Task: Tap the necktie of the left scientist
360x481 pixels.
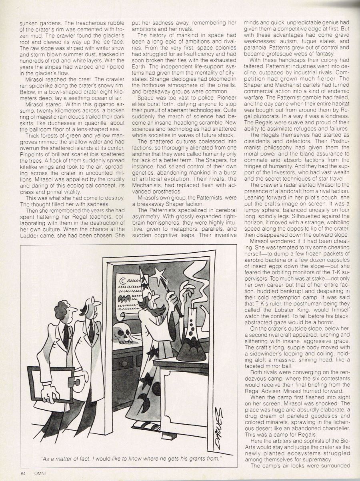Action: click(x=66, y=336)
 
